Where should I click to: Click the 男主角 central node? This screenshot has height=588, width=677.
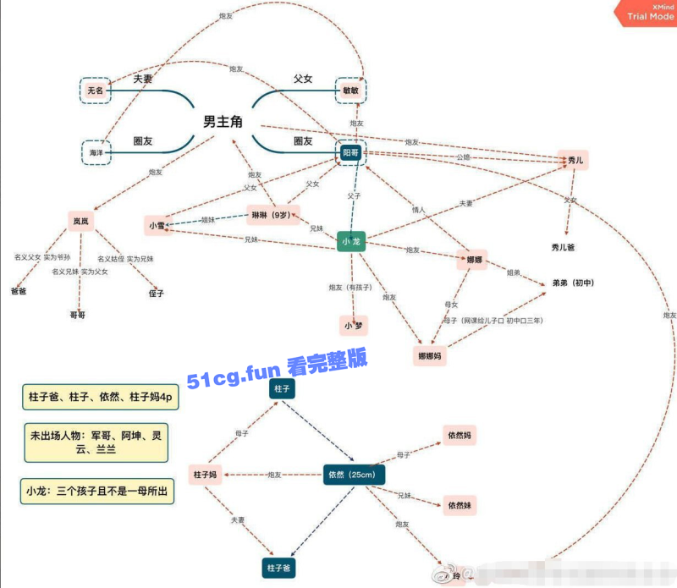[223, 123]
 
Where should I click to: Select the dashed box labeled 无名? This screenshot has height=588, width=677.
[96, 90]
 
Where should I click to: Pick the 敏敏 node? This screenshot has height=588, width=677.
[351, 90]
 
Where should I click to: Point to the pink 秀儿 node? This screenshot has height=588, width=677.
[573, 159]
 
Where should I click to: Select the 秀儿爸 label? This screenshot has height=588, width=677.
[563, 247]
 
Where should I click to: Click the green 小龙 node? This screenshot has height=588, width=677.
[351, 242]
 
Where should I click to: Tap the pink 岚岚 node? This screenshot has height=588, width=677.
[80, 221]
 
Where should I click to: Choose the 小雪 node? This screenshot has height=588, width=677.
[157, 225]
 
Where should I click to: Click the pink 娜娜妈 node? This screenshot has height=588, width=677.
[431, 355]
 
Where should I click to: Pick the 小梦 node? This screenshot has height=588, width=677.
[352, 324]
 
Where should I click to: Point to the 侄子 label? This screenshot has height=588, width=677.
[156, 294]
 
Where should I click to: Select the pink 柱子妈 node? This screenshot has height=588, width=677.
[206, 475]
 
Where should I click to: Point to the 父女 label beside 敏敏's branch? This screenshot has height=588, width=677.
[303, 79]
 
